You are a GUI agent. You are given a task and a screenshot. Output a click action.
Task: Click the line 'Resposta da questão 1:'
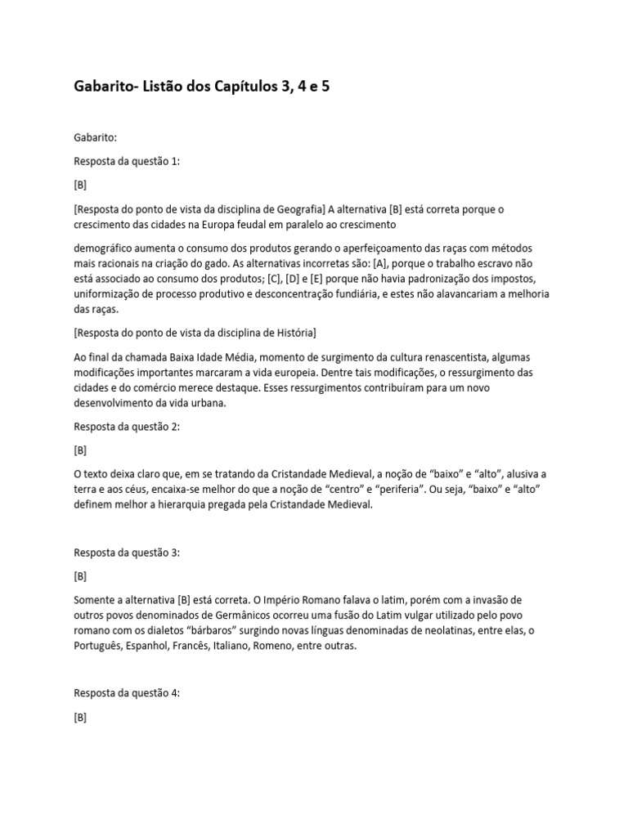point(126,161)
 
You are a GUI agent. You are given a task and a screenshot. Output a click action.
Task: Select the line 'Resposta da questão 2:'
point(126,427)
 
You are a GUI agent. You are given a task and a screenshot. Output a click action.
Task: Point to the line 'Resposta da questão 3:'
point(126,553)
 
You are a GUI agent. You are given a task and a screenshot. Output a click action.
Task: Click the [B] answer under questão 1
point(80,185)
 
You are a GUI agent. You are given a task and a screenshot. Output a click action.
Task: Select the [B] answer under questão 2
point(80,450)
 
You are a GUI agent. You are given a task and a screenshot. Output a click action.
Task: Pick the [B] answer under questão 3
point(80,576)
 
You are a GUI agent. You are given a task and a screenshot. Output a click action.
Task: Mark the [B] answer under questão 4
point(80,717)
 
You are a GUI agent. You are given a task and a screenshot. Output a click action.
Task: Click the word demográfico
point(105,247)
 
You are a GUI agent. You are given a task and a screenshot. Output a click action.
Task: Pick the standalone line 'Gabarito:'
point(96,137)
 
